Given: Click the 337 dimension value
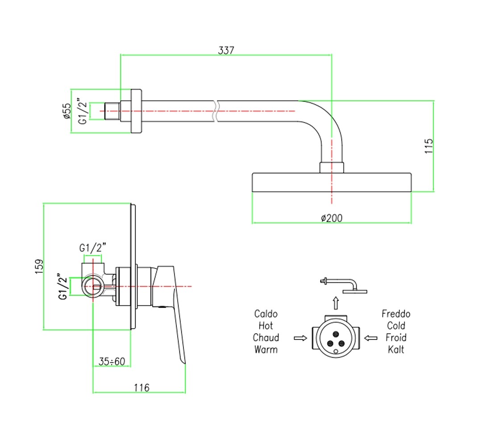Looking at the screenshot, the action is (x=226, y=50).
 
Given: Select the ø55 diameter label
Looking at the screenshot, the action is (x=67, y=111).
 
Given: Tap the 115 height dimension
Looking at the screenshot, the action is (x=429, y=146).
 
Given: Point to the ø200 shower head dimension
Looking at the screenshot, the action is (x=332, y=218).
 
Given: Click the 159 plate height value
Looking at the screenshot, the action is (x=39, y=267).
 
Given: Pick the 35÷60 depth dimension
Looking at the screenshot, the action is (x=112, y=362).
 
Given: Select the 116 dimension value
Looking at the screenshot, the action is (x=141, y=388).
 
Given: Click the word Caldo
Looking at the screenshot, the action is (x=266, y=314).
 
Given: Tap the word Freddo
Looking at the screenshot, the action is (x=396, y=314).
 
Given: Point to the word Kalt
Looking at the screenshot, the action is (x=396, y=349).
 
